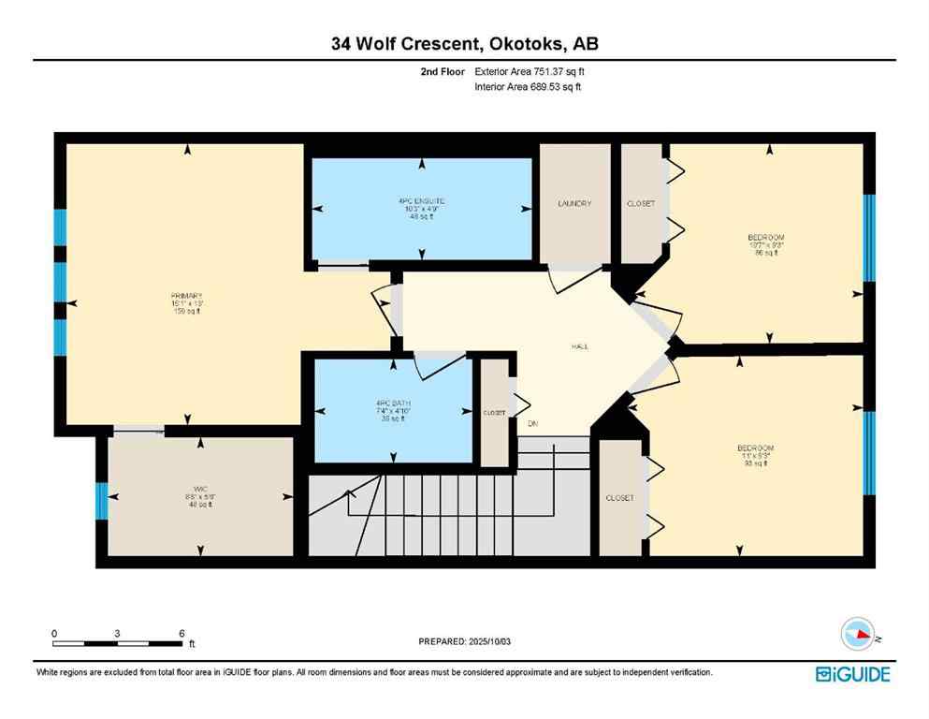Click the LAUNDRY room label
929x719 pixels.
(x=574, y=204)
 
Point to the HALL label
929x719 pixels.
(x=579, y=346)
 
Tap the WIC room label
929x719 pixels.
(x=197, y=489)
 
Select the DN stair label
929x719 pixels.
(x=532, y=424)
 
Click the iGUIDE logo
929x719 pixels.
(x=851, y=673)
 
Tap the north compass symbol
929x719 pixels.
(x=860, y=636)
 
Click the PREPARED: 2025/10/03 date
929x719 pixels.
(x=465, y=641)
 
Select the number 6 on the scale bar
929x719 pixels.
(x=181, y=633)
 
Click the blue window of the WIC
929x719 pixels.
(x=102, y=501)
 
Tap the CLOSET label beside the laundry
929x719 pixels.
(x=641, y=204)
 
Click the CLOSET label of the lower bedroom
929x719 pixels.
(x=619, y=498)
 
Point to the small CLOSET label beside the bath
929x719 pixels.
(x=494, y=413)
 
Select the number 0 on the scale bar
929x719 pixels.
(x=54, y=633)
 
